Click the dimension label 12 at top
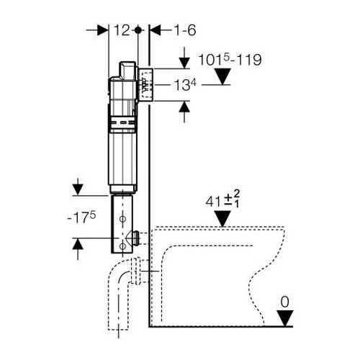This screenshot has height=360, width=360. point(122,30)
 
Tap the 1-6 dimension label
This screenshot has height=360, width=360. point(185,30)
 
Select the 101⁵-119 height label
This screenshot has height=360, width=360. point(230,60)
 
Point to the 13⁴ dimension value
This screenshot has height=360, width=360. point(185,85)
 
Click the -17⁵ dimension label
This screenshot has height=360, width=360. point(81,218)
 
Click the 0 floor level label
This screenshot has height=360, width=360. point(285,302)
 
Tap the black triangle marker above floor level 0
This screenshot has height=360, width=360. point(285,318)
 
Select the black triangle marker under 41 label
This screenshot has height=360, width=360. point(222,218)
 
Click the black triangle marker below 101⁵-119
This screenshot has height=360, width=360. point(222,76)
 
